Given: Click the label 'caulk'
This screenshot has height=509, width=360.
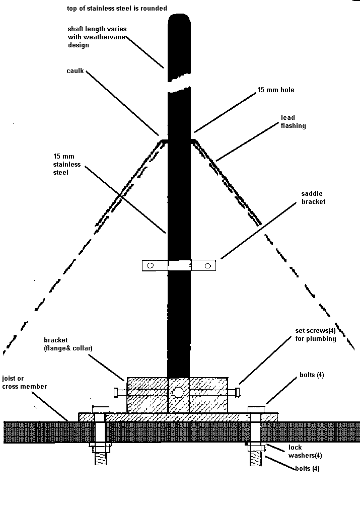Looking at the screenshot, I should pyautogui.click(x=75, y=71).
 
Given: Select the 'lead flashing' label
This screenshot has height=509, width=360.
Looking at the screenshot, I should pyautogui.click(x=293, y=121).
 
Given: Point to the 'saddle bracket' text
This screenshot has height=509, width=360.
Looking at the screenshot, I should pyautogui.click(x=313, y=197).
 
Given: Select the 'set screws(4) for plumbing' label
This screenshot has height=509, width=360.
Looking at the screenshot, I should pyautogui.click(x=315, y=335).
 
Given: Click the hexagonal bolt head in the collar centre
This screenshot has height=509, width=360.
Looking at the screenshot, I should pyautogui.click(x=178, y=392).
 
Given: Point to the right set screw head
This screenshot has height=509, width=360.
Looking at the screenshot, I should pyautogui.click(x=238, y=391).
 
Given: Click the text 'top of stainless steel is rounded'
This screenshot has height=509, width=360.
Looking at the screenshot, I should pyautogui.click(x=117, y=9).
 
